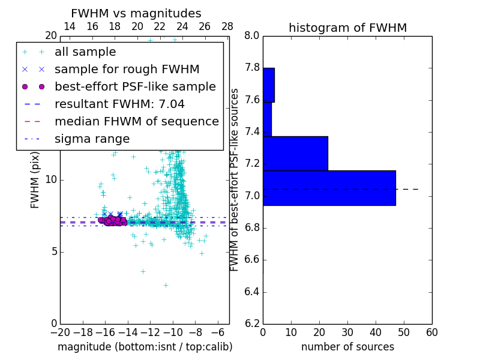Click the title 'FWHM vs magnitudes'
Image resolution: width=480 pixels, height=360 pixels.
[x=136, y=13]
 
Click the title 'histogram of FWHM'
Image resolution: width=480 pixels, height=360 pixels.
[x=347, y=28]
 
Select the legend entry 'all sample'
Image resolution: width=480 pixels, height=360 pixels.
[x=85, y=52]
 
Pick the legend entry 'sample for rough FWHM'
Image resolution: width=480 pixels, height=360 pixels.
[x=127, y=69]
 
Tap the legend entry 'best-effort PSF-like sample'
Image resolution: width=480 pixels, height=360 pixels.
[x=135, y=86]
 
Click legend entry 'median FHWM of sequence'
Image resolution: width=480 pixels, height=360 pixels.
[x=136, y=121]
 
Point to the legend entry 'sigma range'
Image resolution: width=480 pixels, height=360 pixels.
[x=92, y=139]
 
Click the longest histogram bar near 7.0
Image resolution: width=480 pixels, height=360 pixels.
[x=329, y=188]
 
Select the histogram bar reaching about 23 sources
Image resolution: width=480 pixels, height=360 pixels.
[x=295, y=154]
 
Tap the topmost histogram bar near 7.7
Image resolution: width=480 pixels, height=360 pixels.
[x=268, y=85]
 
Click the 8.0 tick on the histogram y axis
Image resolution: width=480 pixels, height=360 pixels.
[x=252, y=36]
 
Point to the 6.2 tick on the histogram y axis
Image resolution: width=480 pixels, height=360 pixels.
[x=252, y=324]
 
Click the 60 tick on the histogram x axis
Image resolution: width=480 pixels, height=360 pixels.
[x=432, y=332]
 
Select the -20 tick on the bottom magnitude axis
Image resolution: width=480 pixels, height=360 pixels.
[x=60, y=332]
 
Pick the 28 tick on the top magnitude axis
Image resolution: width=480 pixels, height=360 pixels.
[x=227, y=26]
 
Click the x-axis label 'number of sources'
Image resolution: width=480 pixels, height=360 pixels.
[x=347, y=347]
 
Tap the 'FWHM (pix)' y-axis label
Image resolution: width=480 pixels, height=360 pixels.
[x=35, y=179]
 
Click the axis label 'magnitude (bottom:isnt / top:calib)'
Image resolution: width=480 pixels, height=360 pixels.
[x=145, y=347]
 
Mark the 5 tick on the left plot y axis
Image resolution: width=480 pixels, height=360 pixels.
[x=53, y=251]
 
